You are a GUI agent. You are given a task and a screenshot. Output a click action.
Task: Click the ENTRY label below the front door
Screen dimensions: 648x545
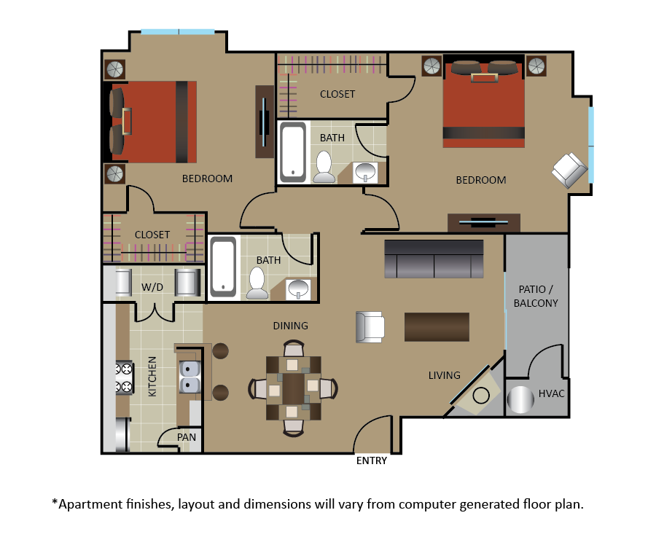point(372,460)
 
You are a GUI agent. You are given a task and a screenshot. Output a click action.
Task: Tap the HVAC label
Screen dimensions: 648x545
point(551,393)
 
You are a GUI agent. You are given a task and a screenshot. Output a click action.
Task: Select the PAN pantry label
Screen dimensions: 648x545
point(187,437)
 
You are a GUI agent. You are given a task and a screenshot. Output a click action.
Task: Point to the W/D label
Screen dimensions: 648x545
point(152,287)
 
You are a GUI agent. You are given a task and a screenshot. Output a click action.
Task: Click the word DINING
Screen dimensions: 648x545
point(291,326)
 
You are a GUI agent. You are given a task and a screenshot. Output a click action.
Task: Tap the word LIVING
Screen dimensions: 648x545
point(444,375)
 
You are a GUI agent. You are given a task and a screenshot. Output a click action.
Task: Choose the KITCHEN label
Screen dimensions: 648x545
point(152,377)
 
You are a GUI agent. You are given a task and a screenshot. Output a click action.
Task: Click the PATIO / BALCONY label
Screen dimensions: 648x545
point(536,296)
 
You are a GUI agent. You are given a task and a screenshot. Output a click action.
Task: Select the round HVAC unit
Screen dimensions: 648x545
point(520,399)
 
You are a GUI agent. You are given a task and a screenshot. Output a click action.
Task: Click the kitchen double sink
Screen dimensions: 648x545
point(190,377)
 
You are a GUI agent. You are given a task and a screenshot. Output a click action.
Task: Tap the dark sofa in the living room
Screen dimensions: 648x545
point(434,259)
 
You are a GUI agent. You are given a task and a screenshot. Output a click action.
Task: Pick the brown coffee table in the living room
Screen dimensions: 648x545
point(437,327)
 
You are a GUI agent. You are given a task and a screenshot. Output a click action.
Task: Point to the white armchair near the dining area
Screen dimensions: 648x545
point(370,327)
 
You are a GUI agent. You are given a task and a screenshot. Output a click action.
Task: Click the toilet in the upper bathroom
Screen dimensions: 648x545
point(324,167)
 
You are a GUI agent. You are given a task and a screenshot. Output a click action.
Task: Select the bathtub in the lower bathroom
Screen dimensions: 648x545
point(223,267)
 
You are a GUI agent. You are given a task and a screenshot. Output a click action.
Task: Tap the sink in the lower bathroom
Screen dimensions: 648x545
point(298,289)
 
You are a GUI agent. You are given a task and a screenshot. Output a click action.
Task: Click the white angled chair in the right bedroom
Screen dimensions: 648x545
point(569,170)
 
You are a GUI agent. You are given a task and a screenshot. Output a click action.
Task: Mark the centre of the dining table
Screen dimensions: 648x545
point(293,388)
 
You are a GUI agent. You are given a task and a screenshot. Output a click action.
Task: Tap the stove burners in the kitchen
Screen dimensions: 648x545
point(125,377)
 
